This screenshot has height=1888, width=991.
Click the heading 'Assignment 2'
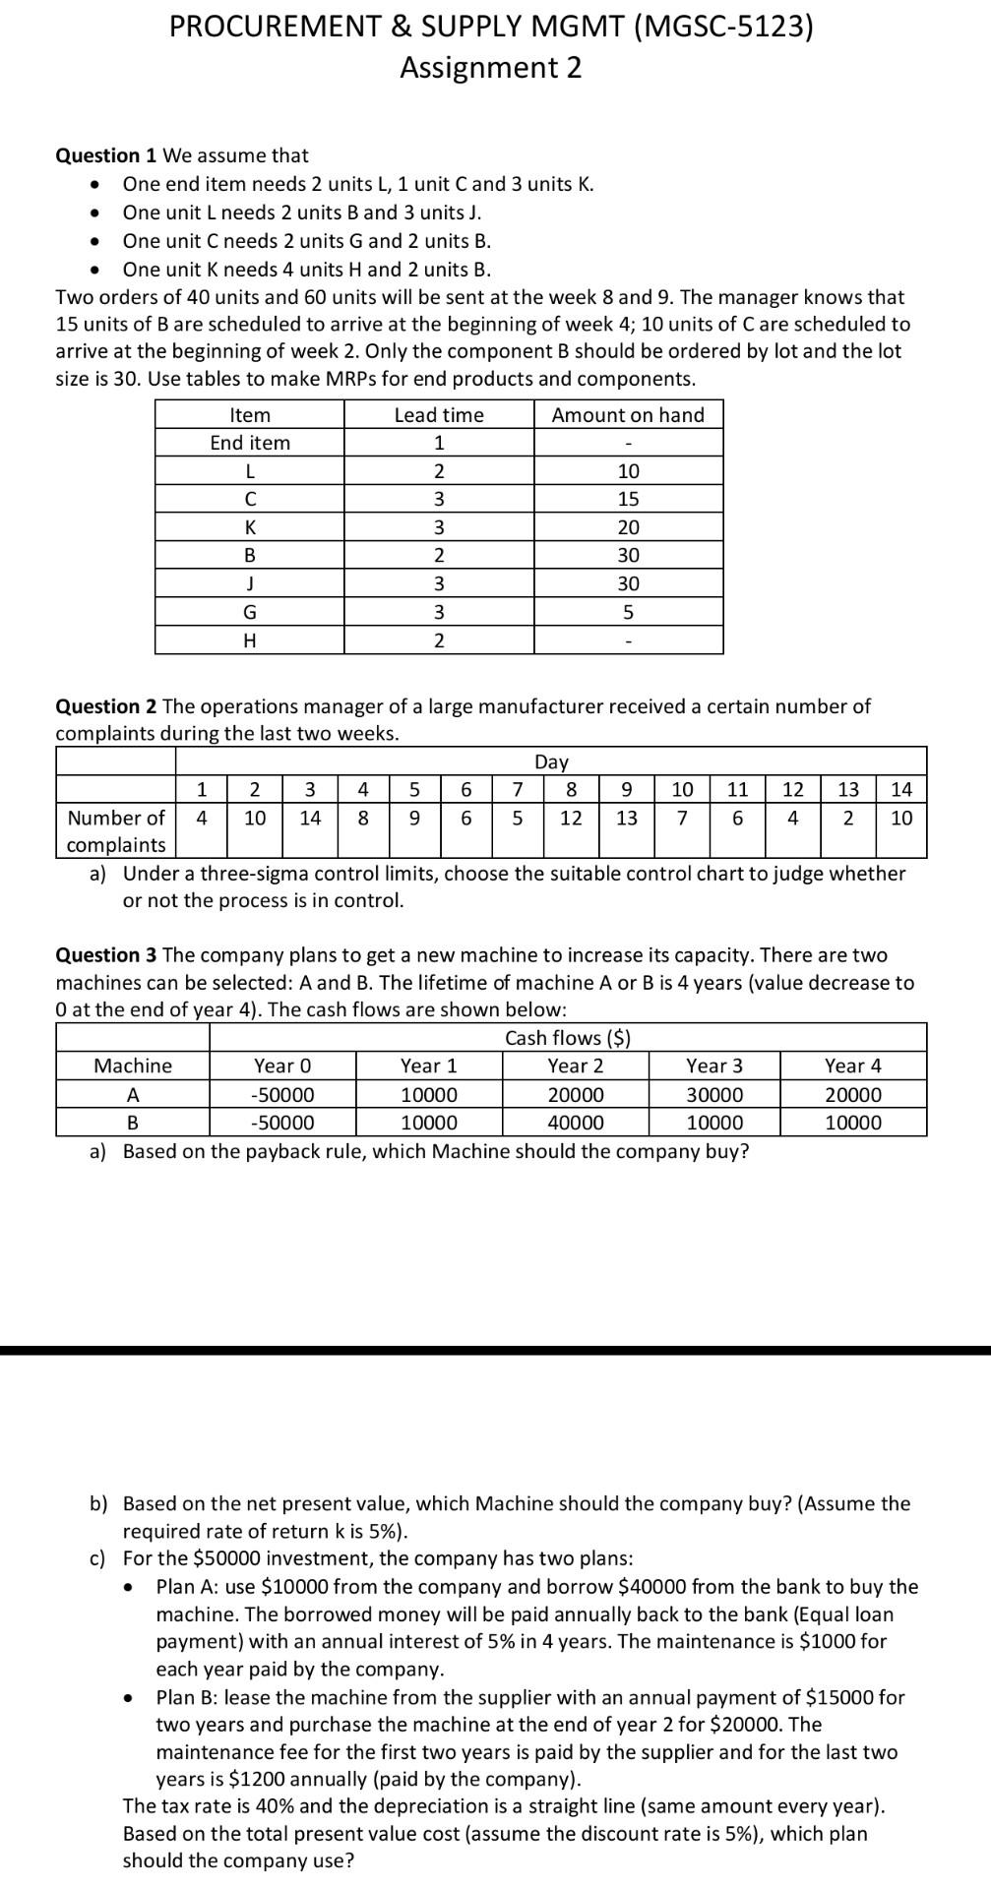490,68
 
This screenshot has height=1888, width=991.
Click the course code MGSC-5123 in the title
726,27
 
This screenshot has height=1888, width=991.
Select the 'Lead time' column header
439,415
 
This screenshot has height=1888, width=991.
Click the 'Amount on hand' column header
628,415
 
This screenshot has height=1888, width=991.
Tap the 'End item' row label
250,443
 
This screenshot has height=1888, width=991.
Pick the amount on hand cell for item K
628,527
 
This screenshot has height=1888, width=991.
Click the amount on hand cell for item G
628,613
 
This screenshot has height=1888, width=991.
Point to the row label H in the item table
250,641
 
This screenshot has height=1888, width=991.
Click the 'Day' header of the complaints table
551,761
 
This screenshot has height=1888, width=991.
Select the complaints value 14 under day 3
310,818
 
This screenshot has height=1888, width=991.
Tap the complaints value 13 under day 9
626,818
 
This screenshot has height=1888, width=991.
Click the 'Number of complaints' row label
116,830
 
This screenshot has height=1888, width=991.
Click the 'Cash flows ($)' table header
568,1038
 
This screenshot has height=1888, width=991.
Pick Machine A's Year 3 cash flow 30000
714,1095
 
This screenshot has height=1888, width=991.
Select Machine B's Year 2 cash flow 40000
576,1123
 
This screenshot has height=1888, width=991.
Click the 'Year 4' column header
852,1066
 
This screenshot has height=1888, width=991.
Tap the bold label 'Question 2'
106,706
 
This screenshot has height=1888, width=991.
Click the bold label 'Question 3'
106,955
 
